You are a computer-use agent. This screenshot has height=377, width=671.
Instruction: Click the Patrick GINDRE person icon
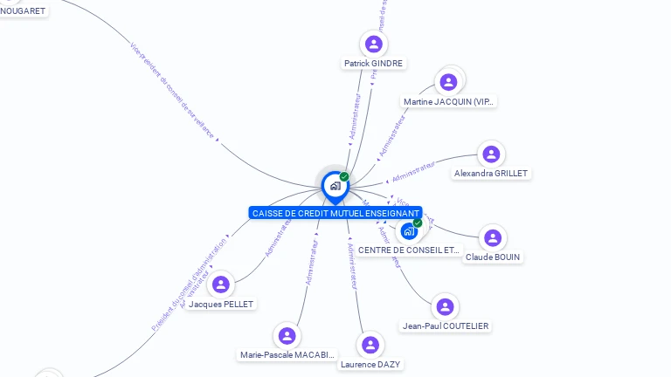pyautogui.click(x=374, y=44)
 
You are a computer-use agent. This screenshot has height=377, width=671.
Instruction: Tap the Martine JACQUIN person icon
pyautogui.click(x=448, y=82)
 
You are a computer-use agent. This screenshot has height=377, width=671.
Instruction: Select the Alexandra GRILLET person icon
pyautogui.click(x=491, y=154)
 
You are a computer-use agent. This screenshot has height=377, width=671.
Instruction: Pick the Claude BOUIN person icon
pyautogui.click(x=493, y=237)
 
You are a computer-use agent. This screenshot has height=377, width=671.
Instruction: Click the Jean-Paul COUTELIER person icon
pyautogui.click(x=446, y=306)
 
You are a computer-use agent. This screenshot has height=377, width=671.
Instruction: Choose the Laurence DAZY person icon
pyautogui.click(x=370, y=345)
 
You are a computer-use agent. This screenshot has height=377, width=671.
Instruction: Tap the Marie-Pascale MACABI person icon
pyautogui.click(x=287, y=335)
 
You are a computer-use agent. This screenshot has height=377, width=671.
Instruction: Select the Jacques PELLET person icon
pyautogui.click(x=221, y=284)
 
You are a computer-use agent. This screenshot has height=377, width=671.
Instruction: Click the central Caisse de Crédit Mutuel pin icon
pyautogui.click(x=335, y=185)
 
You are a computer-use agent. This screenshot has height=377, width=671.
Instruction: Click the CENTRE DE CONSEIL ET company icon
pyautogui.click(x=408, y=231)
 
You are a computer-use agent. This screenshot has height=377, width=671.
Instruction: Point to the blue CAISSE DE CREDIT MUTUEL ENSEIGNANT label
pyautogui.click(x=335, y=213)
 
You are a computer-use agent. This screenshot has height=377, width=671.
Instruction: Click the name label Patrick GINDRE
pyautogui.click(x=374, y=64)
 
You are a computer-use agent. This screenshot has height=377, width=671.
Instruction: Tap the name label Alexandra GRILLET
pyautogui.click(x=491, y=174)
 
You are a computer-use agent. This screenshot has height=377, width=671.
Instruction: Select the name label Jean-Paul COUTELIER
pyautogui.click(x=446, y=326)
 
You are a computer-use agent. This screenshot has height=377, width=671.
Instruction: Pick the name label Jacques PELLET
pyautogui.click(x=221, y=305)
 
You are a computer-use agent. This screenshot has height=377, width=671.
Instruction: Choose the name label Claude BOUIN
pyautogui.click(x=493, y=257)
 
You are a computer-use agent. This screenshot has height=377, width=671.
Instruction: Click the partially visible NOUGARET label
pyautogui.click(x=22, y=10)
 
